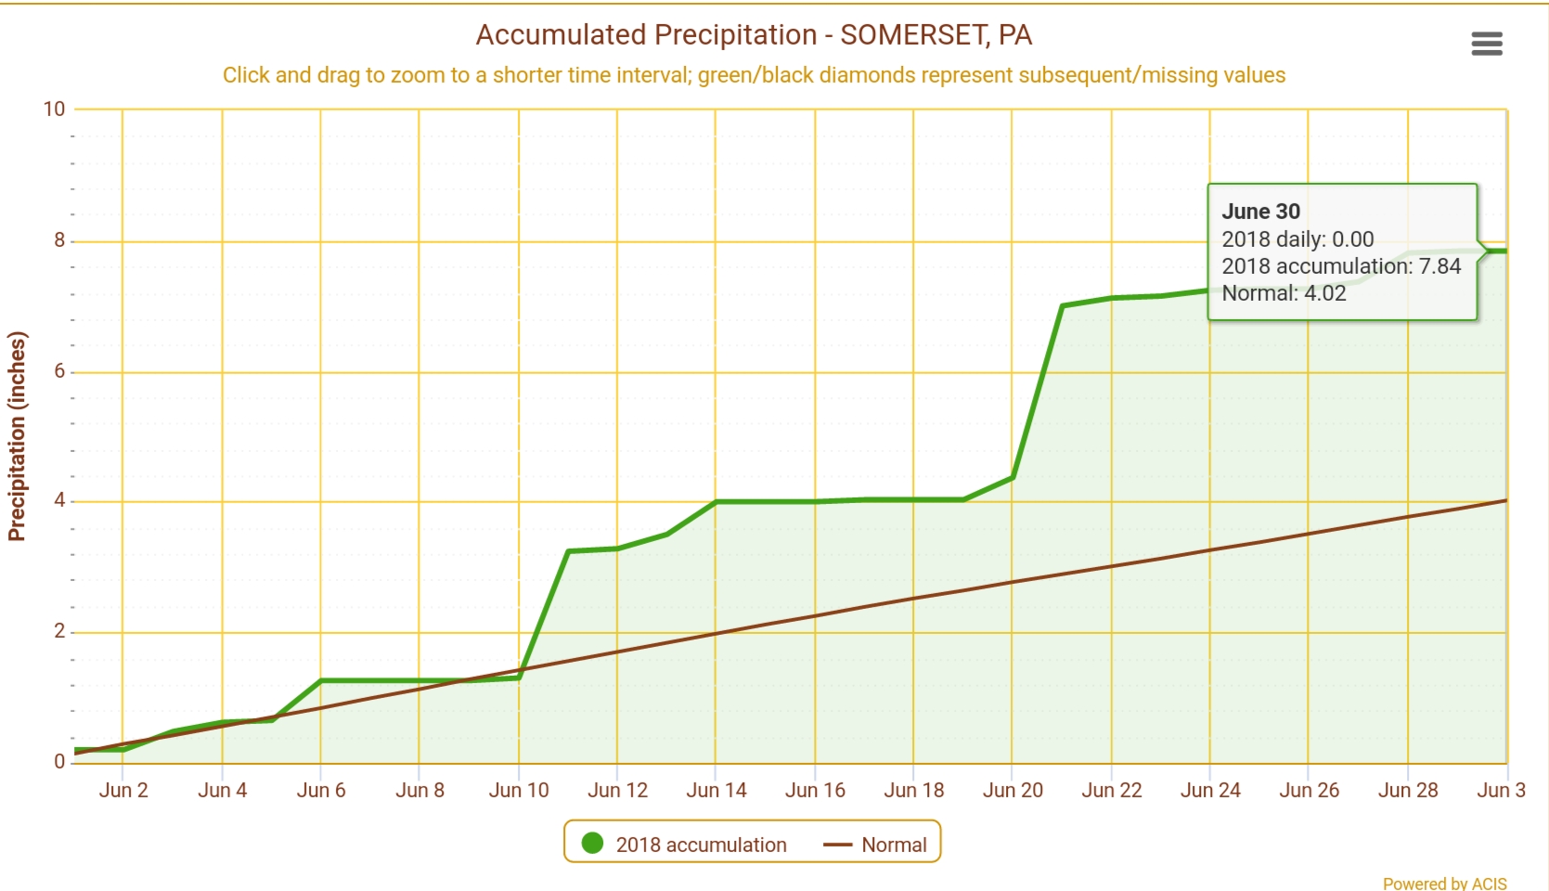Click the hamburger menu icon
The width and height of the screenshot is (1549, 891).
click(1486, 44)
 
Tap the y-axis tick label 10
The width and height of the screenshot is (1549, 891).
click(54, 110)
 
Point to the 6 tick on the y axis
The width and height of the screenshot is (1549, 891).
click(59, 371)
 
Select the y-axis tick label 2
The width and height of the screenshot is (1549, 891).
click(59, 631)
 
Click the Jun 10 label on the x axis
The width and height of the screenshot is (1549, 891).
click(519, 791)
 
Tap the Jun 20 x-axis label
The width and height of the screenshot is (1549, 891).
click(1013, 791)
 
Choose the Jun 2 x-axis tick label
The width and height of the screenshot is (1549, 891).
click(123, 791)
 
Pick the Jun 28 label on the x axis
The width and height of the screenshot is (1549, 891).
click(1408, 791)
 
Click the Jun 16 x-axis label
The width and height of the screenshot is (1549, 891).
click(815, 791)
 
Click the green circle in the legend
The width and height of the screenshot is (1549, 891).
click(592, 844)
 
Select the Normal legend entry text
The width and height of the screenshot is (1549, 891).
click(894, 845)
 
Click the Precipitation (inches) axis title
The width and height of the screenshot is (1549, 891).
click(17, 436)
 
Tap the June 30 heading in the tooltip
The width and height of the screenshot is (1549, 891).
click(1260, 212)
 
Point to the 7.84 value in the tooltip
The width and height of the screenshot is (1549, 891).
click(1439, 266)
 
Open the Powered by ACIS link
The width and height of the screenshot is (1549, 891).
click(1444, 884)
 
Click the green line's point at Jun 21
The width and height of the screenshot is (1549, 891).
click(1062, 305)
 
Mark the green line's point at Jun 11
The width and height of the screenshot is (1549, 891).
click(568, 551)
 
